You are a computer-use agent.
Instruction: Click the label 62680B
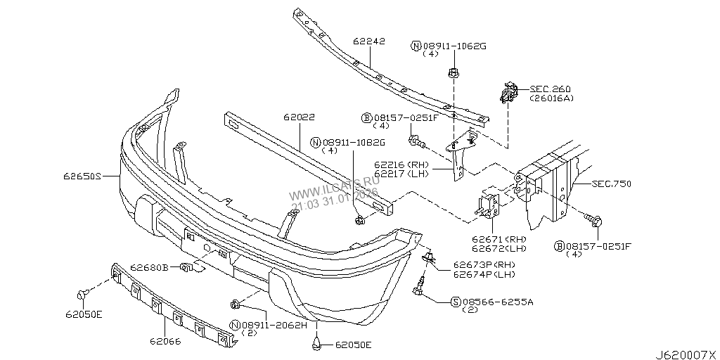click(x=148, y=267)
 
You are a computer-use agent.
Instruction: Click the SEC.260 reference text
click(x=551, y=89)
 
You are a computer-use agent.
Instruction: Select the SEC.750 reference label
click(x=611, y=184)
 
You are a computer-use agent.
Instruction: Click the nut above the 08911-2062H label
click(x=236, y=304)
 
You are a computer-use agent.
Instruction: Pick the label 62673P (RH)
click(x=475, y=265)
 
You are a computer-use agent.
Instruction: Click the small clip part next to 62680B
click(x=188, y=267)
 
